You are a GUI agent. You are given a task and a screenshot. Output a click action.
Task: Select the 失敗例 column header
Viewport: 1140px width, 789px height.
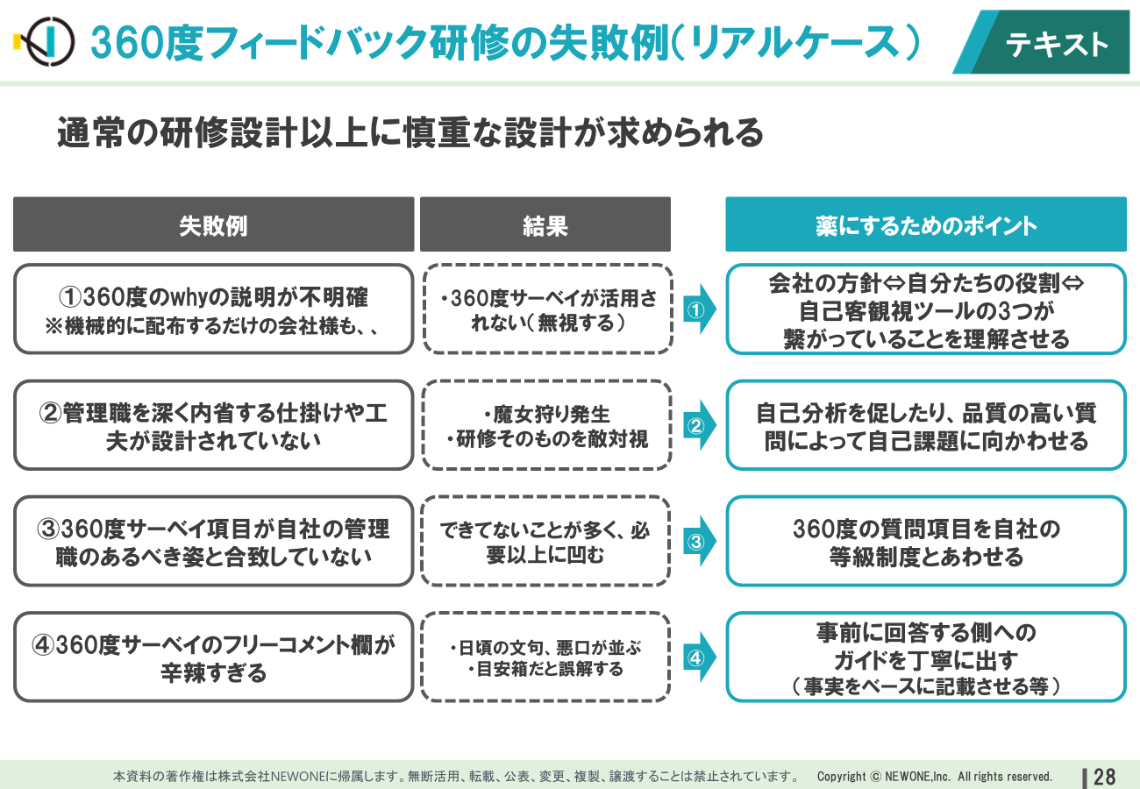(x=213, y=224)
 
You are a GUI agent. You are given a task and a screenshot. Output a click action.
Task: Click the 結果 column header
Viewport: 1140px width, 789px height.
(x=545, y=224)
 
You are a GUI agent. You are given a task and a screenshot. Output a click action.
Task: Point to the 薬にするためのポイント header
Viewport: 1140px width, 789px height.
(x=926, y=224)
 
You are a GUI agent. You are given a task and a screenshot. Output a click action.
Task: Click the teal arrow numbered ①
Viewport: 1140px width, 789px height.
(x=699, y=309)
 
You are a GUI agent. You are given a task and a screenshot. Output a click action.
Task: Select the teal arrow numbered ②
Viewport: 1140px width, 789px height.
(x=699, y=425)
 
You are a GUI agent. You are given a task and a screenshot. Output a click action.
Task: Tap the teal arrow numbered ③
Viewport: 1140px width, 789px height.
(x=699, y=541)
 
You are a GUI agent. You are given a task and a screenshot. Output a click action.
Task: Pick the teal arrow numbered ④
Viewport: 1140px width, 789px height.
(x=699, y=657)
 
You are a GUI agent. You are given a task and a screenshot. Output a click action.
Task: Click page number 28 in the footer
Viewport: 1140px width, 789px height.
(x=1104, y=777)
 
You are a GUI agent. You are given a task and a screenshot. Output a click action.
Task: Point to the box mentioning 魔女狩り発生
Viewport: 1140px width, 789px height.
(x=546, y=425)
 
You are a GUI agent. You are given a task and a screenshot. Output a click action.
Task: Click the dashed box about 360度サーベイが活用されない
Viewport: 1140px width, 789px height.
(x=547, y=309)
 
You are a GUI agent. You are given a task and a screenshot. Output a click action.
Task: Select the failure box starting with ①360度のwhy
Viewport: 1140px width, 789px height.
(x=214, y=309)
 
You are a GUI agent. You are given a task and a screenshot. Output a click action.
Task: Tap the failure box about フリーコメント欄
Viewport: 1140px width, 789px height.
(x=214, y=657)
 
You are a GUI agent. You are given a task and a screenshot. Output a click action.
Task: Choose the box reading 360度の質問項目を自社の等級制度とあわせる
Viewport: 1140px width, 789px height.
(x=926, y=541)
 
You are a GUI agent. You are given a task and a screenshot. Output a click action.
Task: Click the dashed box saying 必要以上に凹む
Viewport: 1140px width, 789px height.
(x=545, y=541)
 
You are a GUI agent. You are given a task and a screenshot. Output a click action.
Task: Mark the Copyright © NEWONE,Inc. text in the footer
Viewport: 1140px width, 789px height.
(x=935, y=777)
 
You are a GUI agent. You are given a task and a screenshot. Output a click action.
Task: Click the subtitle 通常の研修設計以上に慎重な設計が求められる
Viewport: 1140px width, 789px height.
(x=410, y=132)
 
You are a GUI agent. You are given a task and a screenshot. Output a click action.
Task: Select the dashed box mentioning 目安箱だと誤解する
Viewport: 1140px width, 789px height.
(x=545, y=657)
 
